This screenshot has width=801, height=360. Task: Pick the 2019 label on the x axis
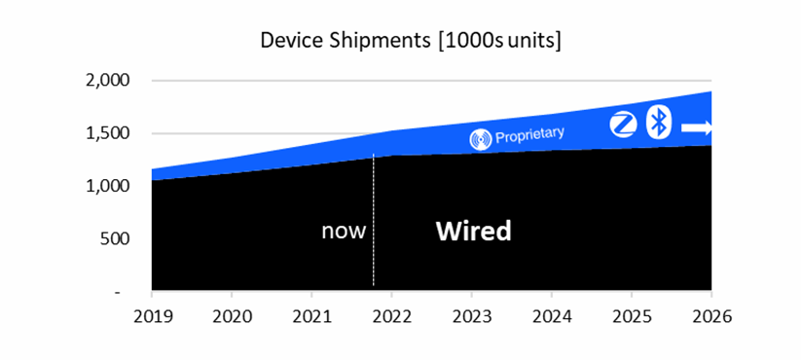point(152,316)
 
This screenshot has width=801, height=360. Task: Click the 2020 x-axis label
point(232,316)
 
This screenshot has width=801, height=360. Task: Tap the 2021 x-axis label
point(311,316)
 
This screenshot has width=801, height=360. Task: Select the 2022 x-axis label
point(391,316)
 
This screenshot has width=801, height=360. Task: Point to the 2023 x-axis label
point(471,316)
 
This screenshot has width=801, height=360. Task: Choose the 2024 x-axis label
point(551,316)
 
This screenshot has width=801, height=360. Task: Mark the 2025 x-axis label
point(631,316)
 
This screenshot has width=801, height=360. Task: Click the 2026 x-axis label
point(710,316)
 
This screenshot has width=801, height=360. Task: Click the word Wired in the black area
point(473,232)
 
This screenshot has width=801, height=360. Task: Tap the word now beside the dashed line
point(344,232)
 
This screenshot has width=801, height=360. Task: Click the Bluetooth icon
point(659,124)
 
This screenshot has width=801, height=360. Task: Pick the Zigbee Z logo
point(623,125)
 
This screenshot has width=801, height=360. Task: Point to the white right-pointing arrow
point(697,127)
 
